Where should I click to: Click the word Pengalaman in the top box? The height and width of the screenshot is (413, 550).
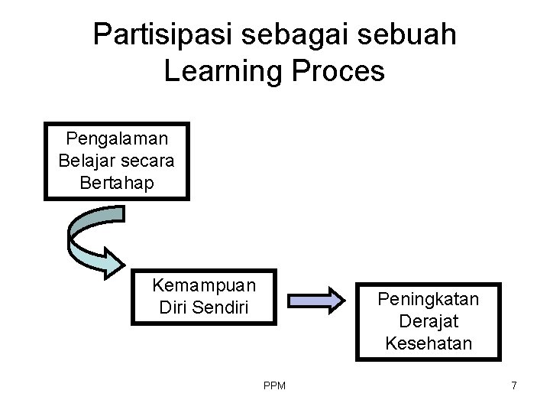(118, 138)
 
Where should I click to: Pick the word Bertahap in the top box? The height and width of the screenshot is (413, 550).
(118, 183)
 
